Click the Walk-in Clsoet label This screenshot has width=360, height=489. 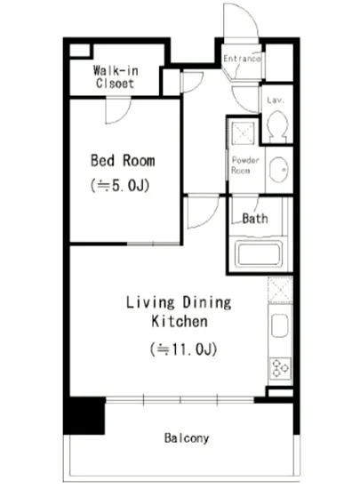pos(116,76)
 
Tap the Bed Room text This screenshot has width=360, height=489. pos(123,161)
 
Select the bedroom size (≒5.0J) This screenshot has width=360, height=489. pos(120,186)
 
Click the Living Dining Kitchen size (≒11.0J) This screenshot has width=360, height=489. pos(183,349)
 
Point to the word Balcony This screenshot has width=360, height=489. pos(187,438)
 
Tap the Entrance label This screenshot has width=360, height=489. pos(242,59)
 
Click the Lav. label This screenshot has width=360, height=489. pos(276,100)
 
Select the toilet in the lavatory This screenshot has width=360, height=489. pos(277,126)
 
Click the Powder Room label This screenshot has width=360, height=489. pos(245,165)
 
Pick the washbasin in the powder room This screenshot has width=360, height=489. pos(278,169)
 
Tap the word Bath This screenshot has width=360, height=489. pos(255,219)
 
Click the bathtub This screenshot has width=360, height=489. pos(259,254)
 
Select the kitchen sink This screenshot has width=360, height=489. pos(280,325)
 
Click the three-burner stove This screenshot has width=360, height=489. pos(280,368)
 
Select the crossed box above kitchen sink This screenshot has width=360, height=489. pos(280,290)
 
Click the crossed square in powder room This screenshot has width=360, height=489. pos(243,133)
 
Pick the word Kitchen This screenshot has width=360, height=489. pos(180,322)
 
